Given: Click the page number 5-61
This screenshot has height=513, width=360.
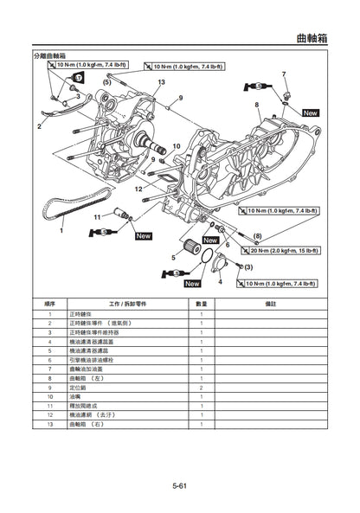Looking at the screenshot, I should (180, 486).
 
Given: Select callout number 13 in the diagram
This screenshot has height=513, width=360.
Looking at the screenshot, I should (161, 81).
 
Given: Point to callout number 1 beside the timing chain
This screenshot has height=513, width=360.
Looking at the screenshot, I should (61, 231).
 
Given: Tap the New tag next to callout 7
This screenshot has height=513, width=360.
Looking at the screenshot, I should (310, 112).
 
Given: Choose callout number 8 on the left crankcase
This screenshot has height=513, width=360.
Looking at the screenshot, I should (257, 105).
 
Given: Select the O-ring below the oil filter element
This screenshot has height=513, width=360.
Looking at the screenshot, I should (205, 256).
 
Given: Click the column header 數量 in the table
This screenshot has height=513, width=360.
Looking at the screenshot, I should (201, 304).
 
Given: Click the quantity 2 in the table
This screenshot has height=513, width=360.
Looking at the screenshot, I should (201, 388).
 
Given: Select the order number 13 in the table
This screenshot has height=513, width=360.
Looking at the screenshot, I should (50, 425).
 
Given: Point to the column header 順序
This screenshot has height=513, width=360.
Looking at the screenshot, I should (50, 304).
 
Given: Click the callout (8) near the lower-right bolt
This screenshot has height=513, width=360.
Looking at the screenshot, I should (257, 235).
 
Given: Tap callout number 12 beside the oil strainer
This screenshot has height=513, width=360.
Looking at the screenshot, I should (138, 188).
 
